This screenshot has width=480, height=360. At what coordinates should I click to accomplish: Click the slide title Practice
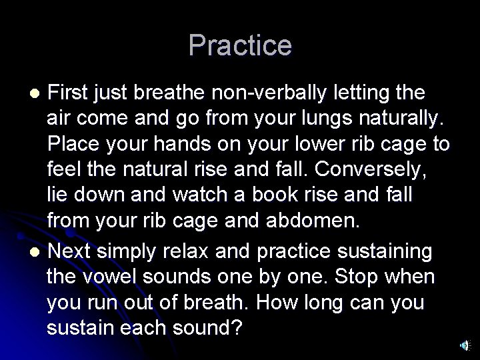coord(240,46)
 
